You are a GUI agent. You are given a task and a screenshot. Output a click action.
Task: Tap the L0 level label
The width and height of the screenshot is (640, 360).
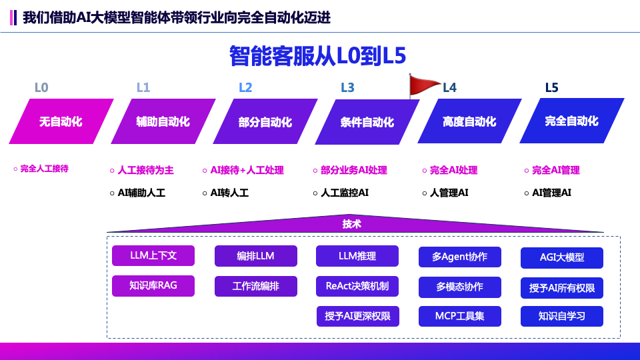click(x=41, y=87)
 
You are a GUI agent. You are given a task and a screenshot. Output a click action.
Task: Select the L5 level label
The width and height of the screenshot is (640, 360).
click(x=551, y=87)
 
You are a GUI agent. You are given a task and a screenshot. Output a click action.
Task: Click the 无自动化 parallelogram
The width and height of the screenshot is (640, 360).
click(x=61, y=121)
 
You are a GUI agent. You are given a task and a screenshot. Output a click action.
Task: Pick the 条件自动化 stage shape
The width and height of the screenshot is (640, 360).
click(x=367, y=122)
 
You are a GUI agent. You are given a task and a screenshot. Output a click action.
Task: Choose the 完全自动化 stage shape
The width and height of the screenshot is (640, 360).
click(x=571, y=121)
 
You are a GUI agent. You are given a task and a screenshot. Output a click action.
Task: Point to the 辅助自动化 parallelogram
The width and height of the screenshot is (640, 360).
click(x=163, y=121)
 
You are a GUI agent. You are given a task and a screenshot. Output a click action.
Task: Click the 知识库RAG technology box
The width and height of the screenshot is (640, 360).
click(x=153, y=286)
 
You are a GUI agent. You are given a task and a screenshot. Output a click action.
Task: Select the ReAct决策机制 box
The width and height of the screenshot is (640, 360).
click(x=357, y=286)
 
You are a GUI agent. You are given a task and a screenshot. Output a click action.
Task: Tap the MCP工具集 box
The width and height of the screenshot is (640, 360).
click(x=460, y=315)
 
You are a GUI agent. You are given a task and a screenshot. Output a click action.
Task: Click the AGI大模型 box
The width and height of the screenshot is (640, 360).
click(x=562, y=257)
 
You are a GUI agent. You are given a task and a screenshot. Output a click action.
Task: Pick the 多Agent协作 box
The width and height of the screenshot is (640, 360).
click(x=460, y=257)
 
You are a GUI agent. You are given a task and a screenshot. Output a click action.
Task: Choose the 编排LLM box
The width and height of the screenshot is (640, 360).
click(x=255, y=256)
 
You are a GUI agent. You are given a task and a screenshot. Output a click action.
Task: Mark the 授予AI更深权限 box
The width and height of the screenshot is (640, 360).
click(x=357, y=315)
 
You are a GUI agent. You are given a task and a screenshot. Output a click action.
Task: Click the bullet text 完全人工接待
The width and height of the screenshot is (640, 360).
click(x=44, y=169)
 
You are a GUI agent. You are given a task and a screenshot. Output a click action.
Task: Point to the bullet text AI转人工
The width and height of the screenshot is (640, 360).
click(x=229, y=193)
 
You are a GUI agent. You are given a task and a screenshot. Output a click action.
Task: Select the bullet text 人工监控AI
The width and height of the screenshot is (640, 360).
click(x=345, y=193)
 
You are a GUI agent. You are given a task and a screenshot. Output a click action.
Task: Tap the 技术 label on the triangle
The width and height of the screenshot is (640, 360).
click(x=352, y=224)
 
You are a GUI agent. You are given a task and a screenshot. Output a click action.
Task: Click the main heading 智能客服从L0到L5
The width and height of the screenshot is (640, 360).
click(x=317, y=56)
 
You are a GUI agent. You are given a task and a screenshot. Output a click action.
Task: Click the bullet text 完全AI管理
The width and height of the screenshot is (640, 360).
click(x=556, y=170)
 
